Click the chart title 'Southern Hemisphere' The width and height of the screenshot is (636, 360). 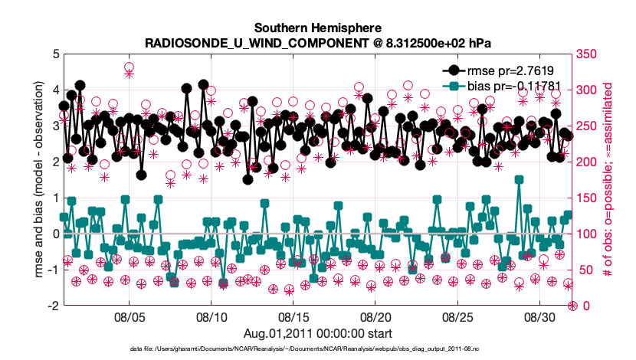coord(318,27)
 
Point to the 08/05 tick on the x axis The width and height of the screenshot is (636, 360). coord(129,316)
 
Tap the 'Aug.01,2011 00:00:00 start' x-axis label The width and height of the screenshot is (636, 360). coord(318,333)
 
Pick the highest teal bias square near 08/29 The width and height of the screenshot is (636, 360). coord(520,180)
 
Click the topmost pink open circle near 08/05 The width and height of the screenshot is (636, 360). coord(129,68)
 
